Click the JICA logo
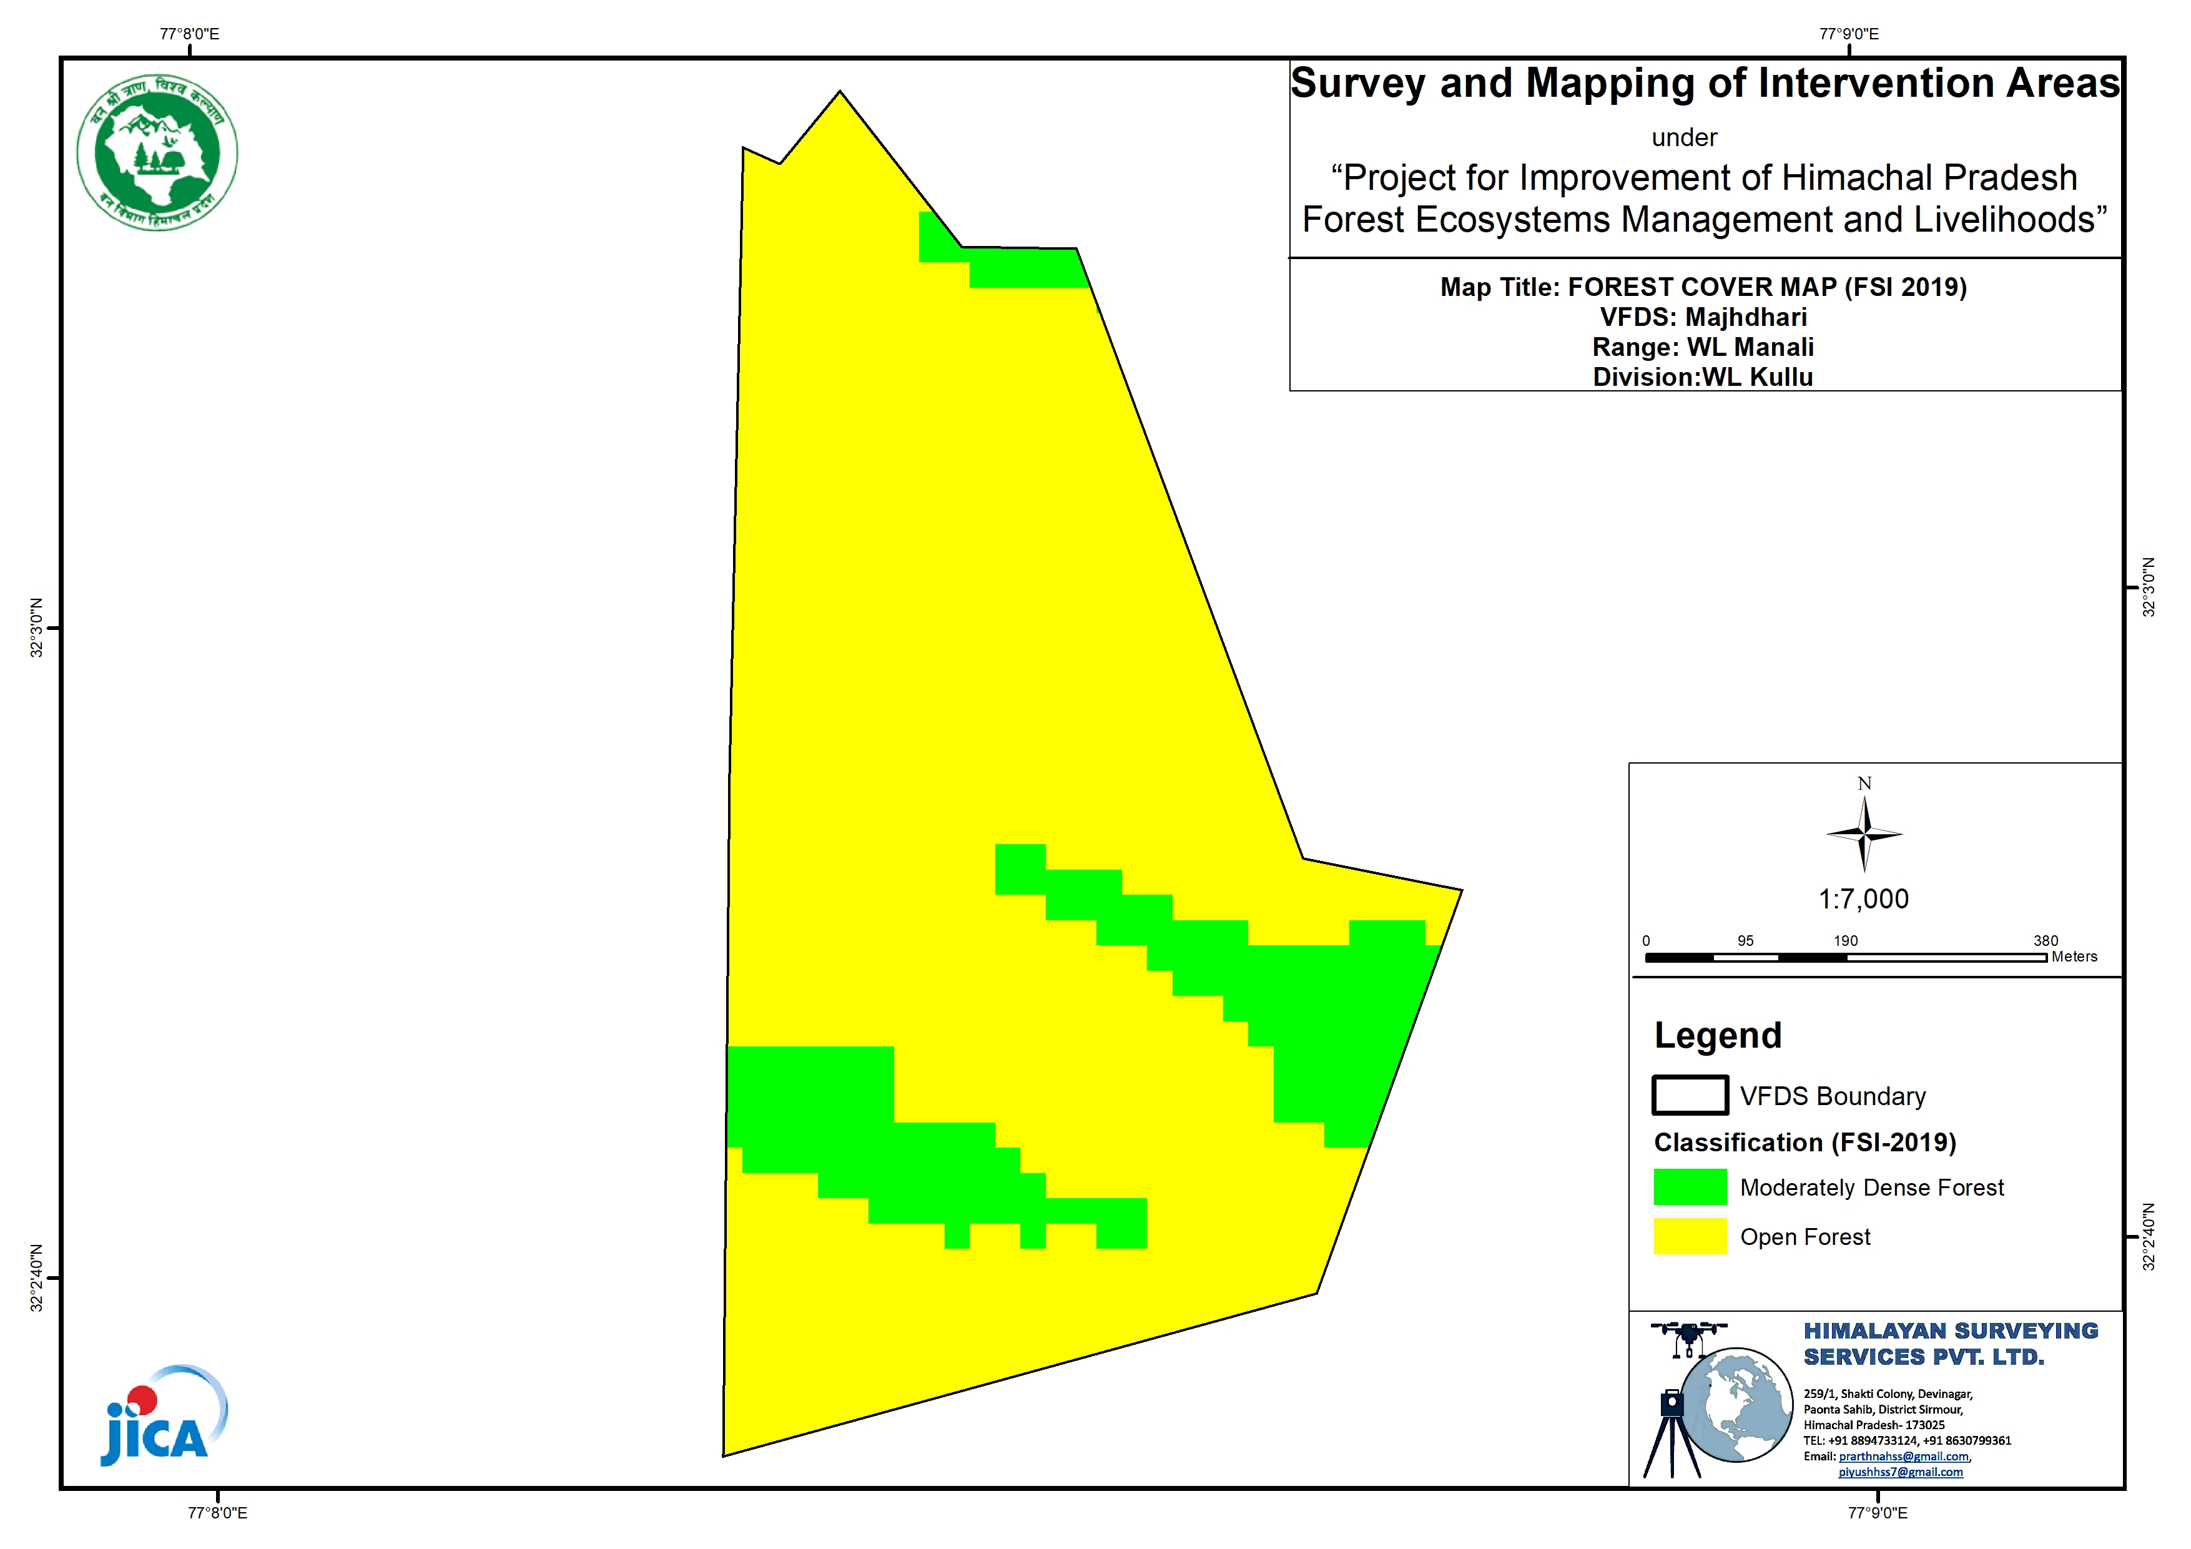tap(163, 1415)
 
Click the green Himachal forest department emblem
tap(157, 153)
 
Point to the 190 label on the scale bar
tap(1846, 941)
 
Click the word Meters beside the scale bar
tap(2075, 956)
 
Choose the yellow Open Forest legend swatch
tap(1690, 1236)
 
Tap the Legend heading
tap(1718, 1036)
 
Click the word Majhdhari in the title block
tap(1746, 317)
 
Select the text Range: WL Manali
tap(1703, 347)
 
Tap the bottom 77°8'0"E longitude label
tap(217, 1513)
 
